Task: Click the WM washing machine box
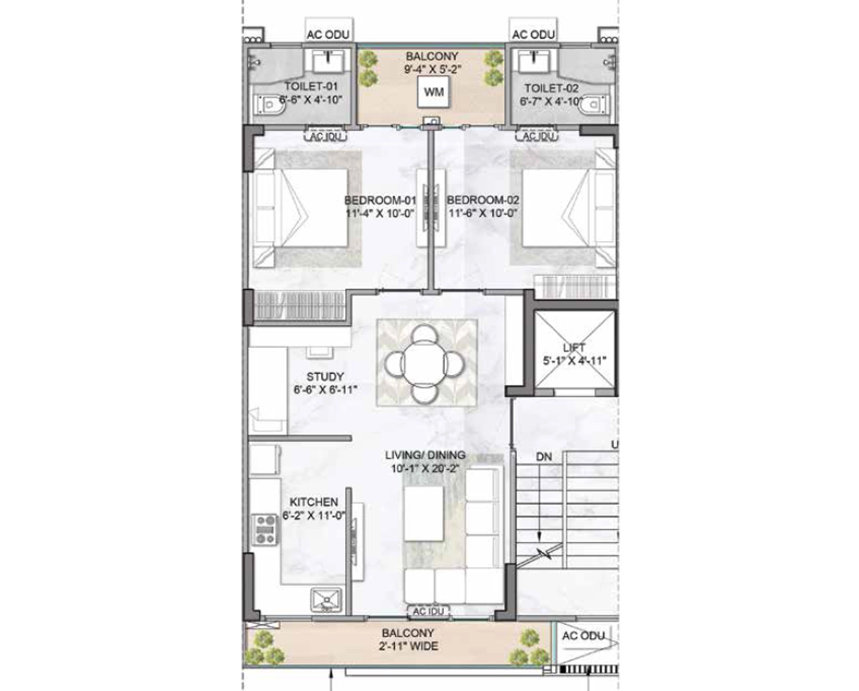point(433,92)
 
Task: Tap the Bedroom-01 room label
point(380,200)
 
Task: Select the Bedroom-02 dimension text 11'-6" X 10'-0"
point(483,213)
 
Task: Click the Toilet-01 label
point(311,86)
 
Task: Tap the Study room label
point(325,376)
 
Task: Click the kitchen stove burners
point(265,530)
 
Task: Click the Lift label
point(574,348)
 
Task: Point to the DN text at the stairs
point(544,457)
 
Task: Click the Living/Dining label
point(425,455)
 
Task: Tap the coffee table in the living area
point(423,513)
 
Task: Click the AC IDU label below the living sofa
point(428,612)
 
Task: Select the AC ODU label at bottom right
point(583,636)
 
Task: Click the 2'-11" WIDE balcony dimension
point(408,646)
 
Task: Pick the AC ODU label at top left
point(328,34)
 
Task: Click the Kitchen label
point(313,502)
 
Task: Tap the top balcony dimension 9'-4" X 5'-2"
point(432,69)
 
